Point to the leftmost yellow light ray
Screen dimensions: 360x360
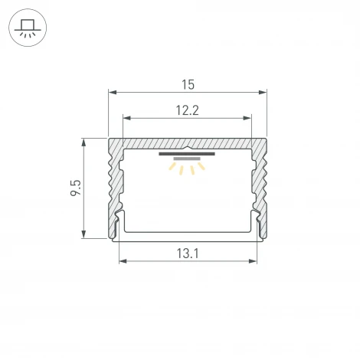pos(172,166)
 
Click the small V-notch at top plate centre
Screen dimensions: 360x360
pos(188,145)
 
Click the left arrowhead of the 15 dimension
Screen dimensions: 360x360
pos(110,91)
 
